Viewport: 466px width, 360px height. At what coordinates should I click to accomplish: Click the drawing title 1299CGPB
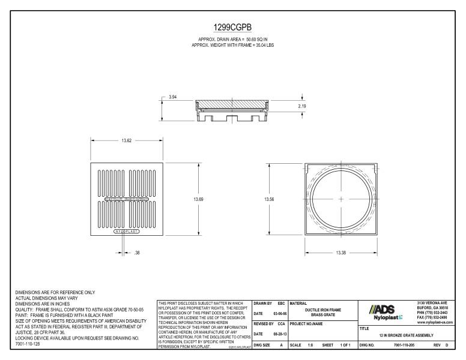[232, 28]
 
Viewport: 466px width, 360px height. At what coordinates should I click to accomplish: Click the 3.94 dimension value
[172, 97]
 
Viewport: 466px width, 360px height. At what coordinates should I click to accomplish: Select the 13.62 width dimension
[127, 140]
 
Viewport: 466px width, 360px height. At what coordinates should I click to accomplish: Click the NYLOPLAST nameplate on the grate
[127, 230]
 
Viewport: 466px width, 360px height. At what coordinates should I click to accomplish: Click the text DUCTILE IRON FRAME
[322, 310]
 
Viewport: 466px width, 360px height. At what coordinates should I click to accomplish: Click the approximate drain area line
[232, 39]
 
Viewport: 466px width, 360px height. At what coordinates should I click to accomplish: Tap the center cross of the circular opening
[340, 199]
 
